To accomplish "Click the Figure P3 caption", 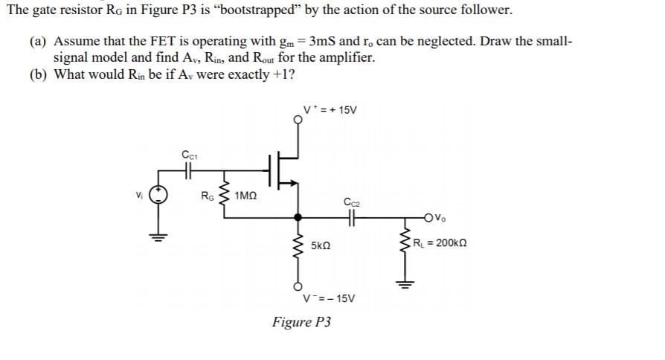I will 301,322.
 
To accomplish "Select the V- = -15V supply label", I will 330,298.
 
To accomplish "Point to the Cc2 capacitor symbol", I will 351,218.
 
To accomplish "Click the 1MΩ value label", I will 245,196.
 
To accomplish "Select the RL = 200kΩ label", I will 442,243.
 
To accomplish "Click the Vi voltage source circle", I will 158,196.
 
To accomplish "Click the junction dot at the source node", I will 299,218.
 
